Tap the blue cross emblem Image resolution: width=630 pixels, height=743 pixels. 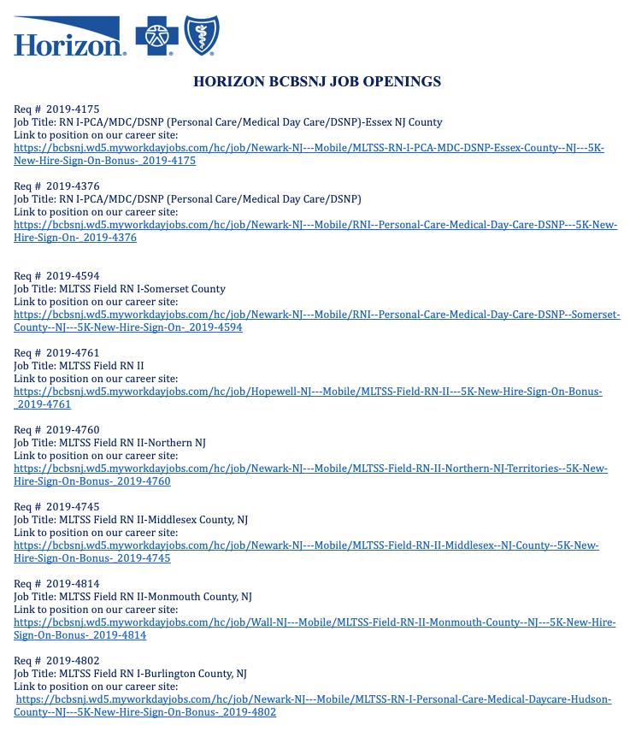click(x=156, y=37)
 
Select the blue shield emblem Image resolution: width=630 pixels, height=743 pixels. click(x=203, y=36)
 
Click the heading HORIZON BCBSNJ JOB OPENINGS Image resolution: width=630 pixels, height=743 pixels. click(x=316, y=82)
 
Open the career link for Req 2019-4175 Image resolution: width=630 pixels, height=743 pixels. click(x=309, y=148)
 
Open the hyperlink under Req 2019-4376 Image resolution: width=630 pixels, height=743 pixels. click(x=315, y=225)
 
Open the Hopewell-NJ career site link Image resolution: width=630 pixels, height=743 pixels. click(x=308, y=392)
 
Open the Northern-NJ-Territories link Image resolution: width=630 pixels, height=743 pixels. click(x=310, y=469)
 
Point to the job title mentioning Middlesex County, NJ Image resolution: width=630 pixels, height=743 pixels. click(x=131, y=520)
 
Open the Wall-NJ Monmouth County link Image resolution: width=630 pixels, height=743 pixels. click(x=315, y=622)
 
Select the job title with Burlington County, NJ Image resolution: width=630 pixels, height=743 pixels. click(x=130, y=674)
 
